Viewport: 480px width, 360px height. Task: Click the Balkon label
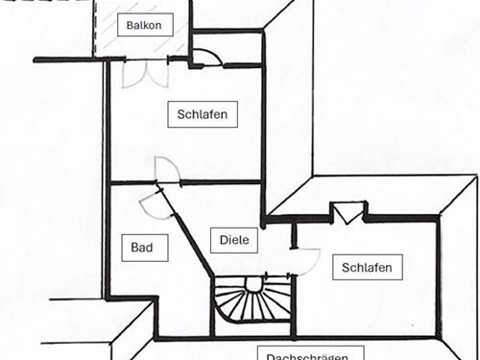coord(144,25)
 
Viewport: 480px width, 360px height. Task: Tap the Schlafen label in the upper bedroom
coord(202,114)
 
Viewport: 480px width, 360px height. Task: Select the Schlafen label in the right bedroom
coord(367,267)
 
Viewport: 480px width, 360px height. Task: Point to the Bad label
coord(143,247)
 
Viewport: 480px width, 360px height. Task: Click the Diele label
coord(234,240)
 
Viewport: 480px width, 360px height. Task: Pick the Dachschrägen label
coord(308,355)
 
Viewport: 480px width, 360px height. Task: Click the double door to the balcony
coord(147,73)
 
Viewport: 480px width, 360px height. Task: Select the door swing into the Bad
coord(152,204)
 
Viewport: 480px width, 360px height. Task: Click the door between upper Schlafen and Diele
coord(167,170)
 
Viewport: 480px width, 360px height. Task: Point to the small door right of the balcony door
coord(208,56)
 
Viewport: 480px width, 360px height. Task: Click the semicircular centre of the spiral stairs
coord(253,284)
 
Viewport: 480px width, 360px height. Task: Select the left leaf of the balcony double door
coord(134,73)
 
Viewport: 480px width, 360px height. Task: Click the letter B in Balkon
coord(130,25)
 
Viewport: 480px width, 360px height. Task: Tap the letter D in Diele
coord(224,240)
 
